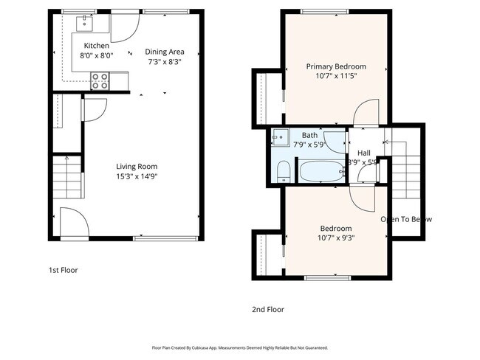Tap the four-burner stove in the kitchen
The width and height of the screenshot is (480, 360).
click(100, 80)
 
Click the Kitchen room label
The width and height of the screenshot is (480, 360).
click(96, 46)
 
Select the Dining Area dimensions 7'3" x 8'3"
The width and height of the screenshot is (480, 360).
click(164, 62)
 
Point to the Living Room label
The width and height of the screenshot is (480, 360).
click(137, 166)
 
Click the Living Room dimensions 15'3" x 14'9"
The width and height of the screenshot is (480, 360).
click(137, 176)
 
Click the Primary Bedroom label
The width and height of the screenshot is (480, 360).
click(336, 66)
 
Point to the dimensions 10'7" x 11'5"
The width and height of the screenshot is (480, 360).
click(336, 76)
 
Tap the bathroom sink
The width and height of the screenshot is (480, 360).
click(280, 136)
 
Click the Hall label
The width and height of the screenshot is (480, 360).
click(364, 153)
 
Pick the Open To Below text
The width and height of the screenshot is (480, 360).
click(406, 219)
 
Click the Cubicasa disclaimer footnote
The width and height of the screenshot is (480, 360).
click(239, 347)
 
